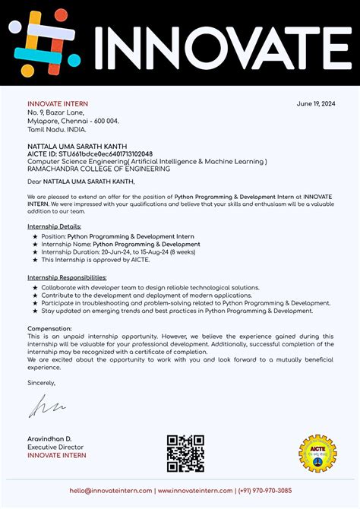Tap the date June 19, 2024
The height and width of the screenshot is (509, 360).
(315, 104)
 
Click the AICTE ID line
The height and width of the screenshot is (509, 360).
(90, 153)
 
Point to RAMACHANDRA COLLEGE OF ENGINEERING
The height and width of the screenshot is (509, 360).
(99, 169)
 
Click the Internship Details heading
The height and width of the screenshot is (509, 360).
(54, 226)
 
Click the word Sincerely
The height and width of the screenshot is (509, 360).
(42, 383)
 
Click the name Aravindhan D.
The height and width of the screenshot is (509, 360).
(49, 440)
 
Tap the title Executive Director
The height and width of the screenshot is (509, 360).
(55, 447)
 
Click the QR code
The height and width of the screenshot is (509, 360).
(185, 453)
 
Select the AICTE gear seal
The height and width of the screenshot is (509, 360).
(317, 454)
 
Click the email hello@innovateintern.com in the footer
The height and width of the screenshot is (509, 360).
(111, 491)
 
